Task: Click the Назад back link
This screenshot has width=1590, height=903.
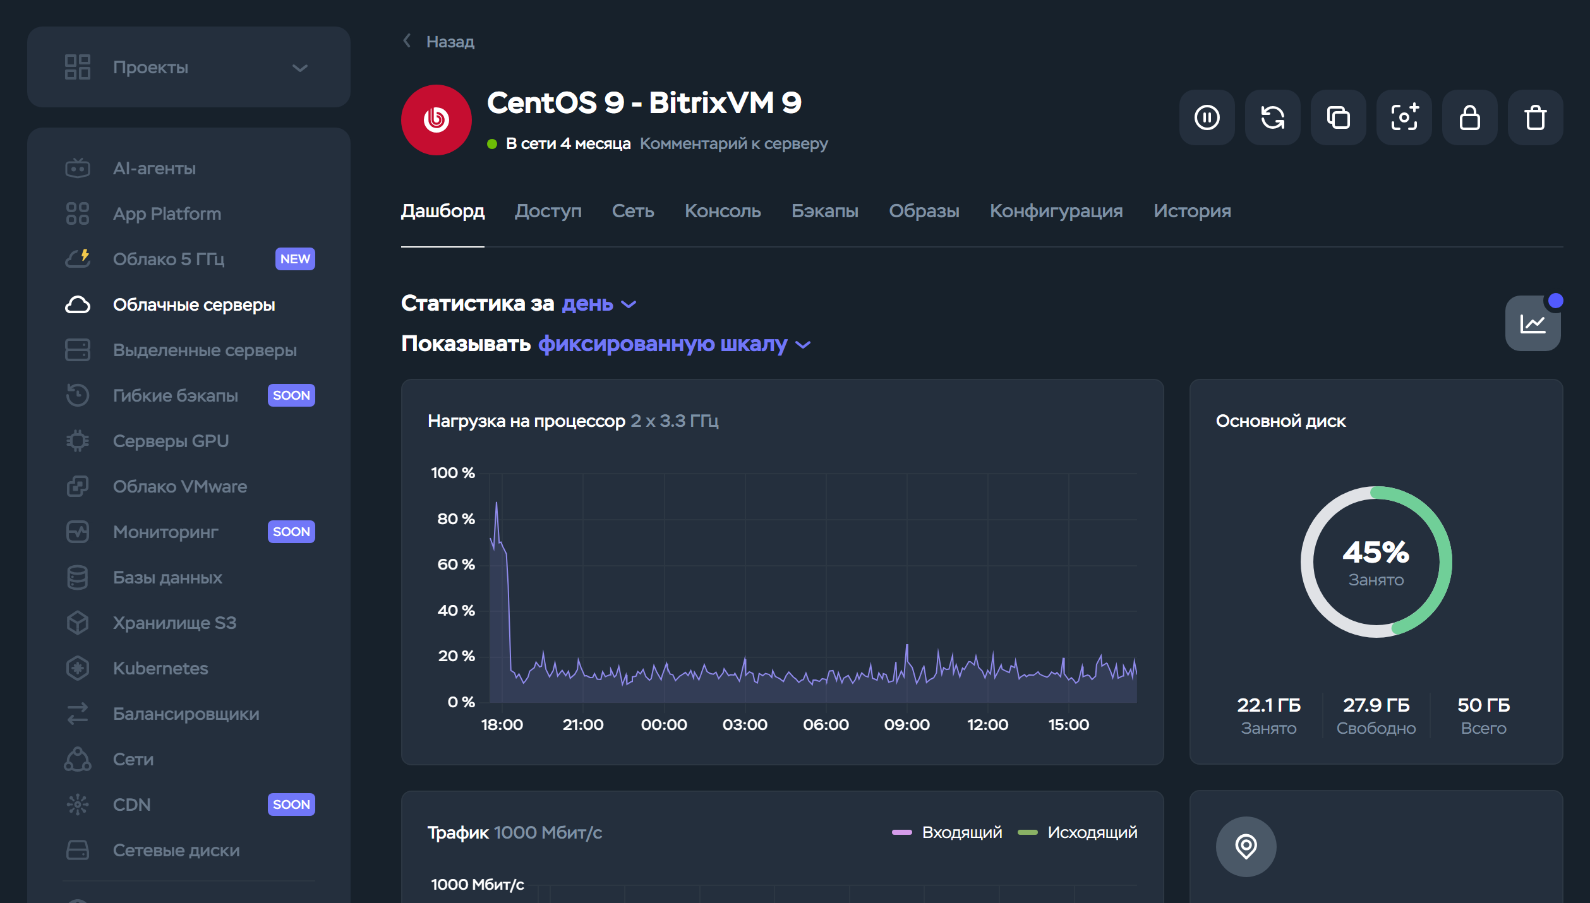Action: point(449,42)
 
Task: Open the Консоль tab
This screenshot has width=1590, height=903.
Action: point(722,211)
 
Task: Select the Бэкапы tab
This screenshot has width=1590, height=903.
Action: point(824,211)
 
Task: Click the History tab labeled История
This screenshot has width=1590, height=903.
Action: point(1191,211)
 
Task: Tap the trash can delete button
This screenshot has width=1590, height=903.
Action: point(1535,118)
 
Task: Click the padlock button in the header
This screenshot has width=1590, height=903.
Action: point(1469,118)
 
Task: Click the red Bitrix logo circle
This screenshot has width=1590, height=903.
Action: point(436,120)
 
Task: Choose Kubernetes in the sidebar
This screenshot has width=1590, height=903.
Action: point(160,668)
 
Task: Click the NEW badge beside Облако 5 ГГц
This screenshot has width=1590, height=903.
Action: point(295,259)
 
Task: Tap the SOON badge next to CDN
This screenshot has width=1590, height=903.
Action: point(291,804)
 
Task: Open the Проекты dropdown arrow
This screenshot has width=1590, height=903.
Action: point(300,68)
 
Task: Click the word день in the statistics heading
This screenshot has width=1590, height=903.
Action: point(587,304)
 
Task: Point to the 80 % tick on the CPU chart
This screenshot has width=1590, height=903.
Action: point(455,519)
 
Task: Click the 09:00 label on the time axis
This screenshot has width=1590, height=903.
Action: point(906,724)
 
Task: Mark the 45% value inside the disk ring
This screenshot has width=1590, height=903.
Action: point(1375,553)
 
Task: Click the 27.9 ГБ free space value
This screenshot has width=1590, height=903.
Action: point(1376,705)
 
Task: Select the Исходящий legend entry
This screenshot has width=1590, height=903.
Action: point(1092,832)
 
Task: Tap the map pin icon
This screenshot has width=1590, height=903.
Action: point(1246,846)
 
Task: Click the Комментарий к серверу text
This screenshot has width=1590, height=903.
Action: point(733,144)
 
